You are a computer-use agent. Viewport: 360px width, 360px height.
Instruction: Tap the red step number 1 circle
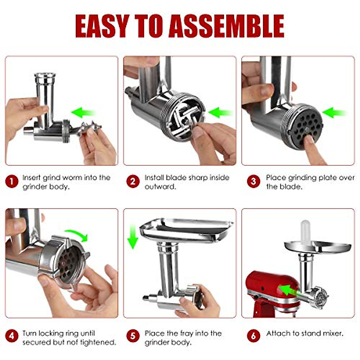(12, 181)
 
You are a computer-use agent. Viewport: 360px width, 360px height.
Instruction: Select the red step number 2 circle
(133, 181)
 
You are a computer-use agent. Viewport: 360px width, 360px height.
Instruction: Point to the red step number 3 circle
(253, 181)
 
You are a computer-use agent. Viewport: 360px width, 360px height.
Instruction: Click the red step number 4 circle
(12, 336)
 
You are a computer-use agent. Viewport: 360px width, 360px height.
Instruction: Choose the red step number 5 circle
(133, 336)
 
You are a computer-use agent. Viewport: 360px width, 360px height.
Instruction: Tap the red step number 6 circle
(253, 336)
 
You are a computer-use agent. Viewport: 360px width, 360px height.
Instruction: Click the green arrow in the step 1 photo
(83, 113)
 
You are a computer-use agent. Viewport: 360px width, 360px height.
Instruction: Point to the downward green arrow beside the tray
(133, 236)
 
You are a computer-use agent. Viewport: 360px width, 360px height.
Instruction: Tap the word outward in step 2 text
(160, 187)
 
